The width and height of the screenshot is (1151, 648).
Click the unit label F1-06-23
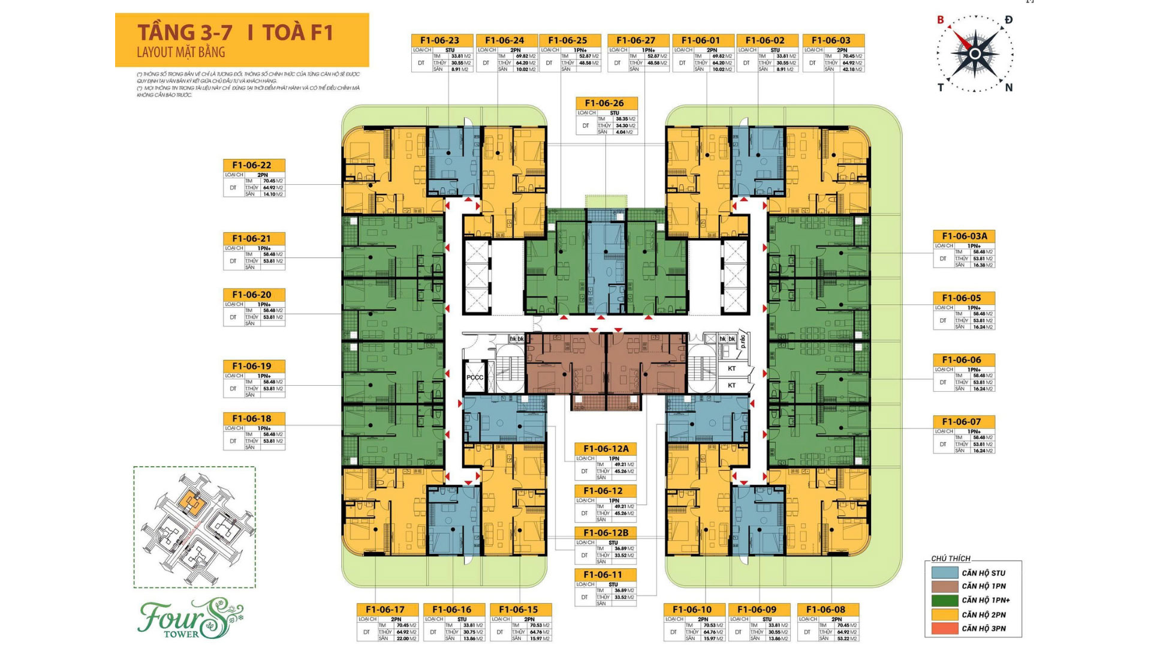pyautogui.click(x=439, y=40)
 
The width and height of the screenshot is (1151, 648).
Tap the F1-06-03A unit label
pyautogui.click(x=965, y=236)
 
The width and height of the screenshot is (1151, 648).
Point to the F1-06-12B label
pyautogui.click(x=605, y=533)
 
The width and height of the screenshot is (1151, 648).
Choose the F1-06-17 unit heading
pyautogui.click(x=385, y=610)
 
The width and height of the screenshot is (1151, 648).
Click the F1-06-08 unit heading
pyautogui.click(x=825, y=610)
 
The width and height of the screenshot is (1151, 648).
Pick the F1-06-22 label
pyautogui.click(x=252, y=165)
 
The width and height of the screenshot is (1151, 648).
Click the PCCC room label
pyautogui.click(x=475, y=377)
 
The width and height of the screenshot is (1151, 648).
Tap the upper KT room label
pyautogui.click(x=731, y=368)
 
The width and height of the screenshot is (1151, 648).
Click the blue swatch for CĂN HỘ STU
pyautogui.click(x=944, y=572)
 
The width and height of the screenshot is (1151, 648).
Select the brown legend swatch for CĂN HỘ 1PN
pyautogui.click(x=944, y=586)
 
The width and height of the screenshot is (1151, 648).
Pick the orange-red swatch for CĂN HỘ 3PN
pyautogui.click(x=944, y=629)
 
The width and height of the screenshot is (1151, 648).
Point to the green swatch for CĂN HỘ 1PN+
pyautogui.click(x=944, y=600)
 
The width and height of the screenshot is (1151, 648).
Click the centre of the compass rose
pyautogui.click(x=975, y=54)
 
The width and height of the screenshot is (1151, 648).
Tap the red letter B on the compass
pyautogui.click(x=941, y=20)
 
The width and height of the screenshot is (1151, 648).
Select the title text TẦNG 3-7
pyautogui.click(x=185, y=32)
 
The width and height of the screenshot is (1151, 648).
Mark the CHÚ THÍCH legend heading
pyautogui.click(x=951, y=559)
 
